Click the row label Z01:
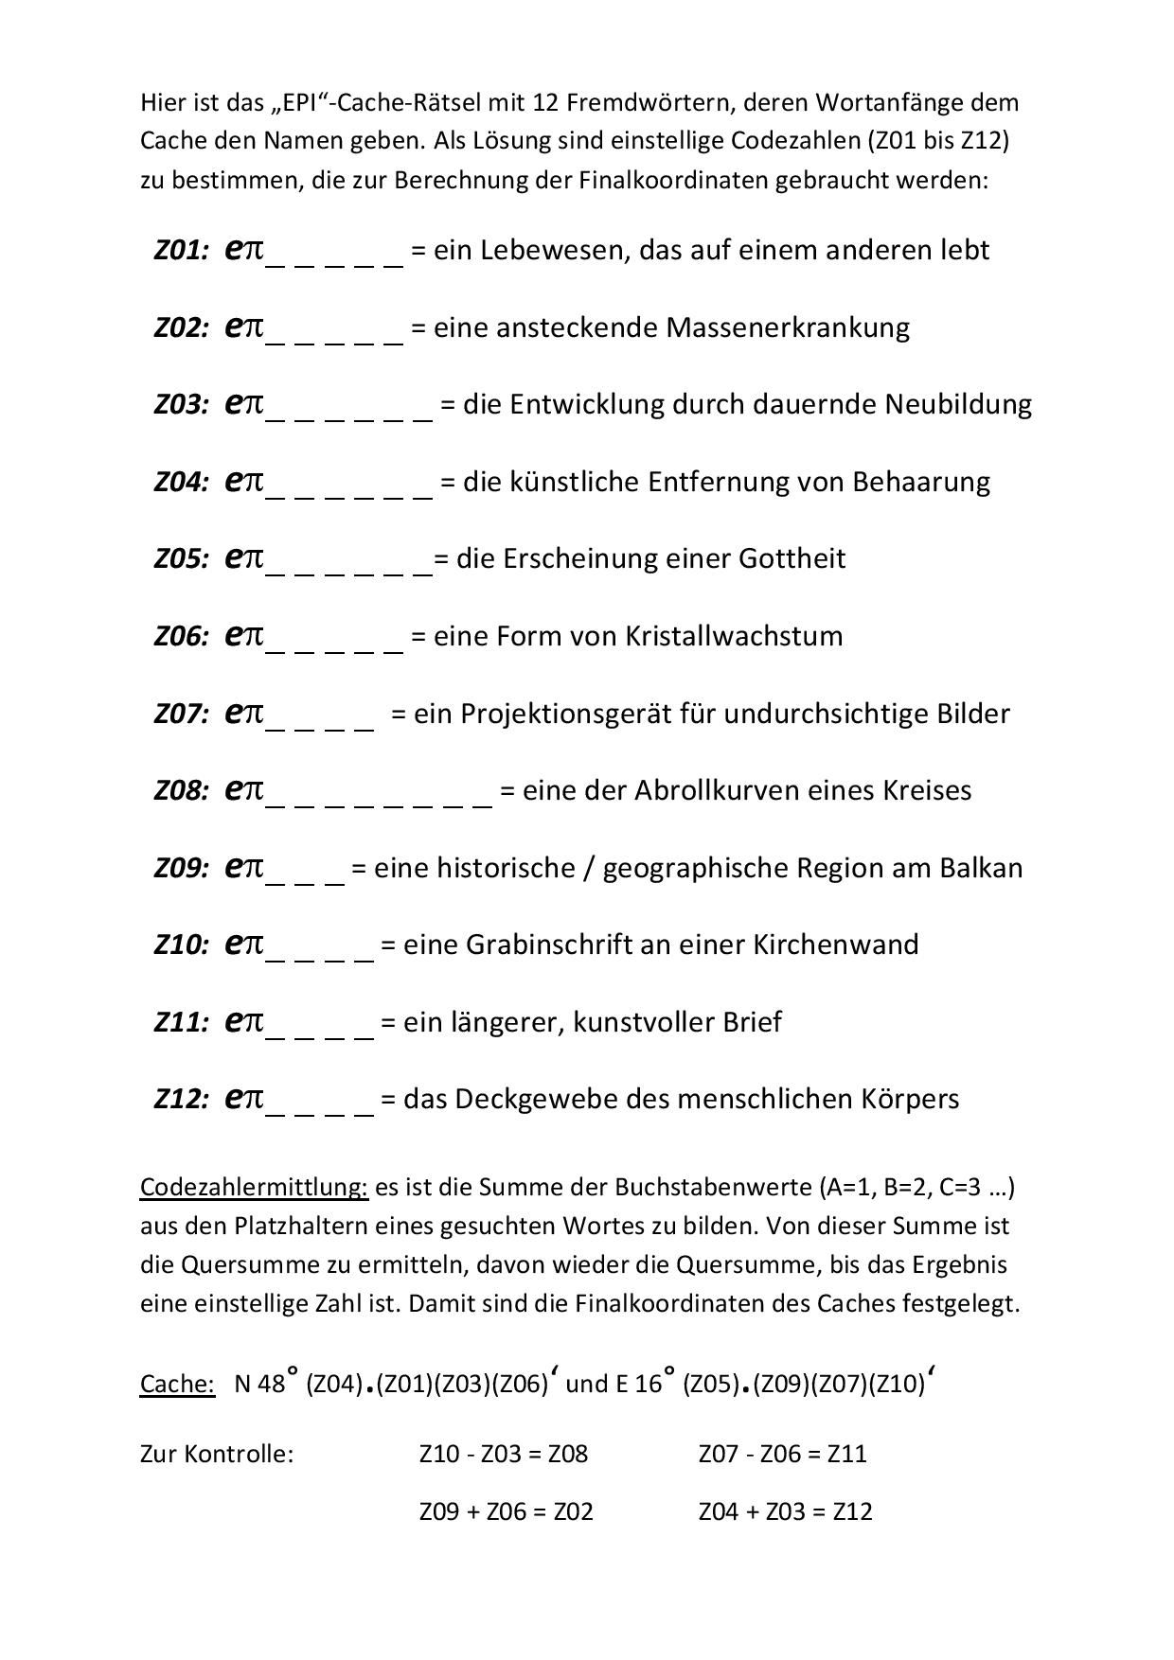pyautogui.click(x=181, y=251)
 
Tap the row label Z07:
pyautogui.click(x=181, y=714)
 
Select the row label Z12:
pyautogui.click(x=181, y=1100)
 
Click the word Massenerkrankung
pyautogui.click(x=788, y=327)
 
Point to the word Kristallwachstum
pyautogui.click(x=734, y=636)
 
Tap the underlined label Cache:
pyautogui.click(x=178, y=1384)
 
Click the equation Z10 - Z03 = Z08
pyautogui.click(x=504, y=1454)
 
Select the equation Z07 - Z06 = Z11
pyautogui.click(x=782, y=1454)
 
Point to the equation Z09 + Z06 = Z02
pyautogui.click(x=506, y=1511)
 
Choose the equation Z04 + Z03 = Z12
pyautogui.click(x=785, y=1511)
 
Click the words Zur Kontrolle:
pyautogui.click(x=217, y=1454)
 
